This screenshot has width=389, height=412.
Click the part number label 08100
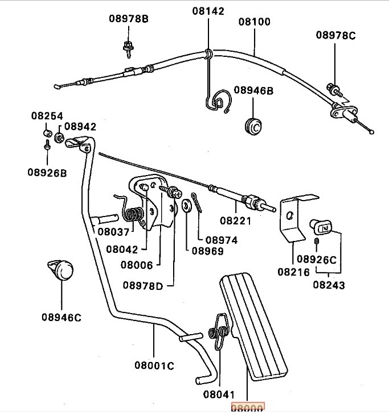(255, 22)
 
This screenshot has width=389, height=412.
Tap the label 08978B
(129, 19)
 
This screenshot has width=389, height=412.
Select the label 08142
(208, 11)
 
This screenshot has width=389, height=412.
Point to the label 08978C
(336, 35)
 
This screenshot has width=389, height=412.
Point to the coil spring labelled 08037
(133, 215)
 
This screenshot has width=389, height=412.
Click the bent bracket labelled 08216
(292, 219)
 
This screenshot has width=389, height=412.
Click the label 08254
(47, 116)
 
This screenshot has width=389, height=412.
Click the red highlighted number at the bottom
(247, 407)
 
